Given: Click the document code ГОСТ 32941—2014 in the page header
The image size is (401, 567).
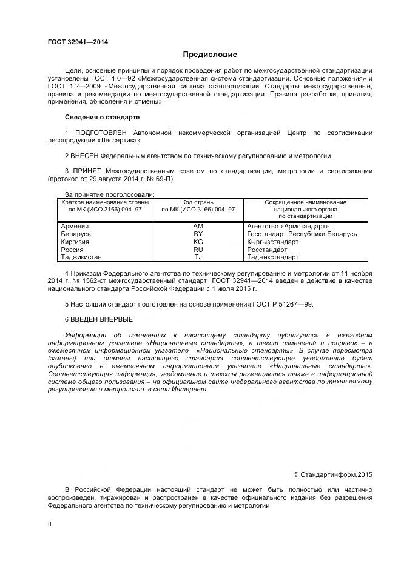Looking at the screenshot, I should (78, 42).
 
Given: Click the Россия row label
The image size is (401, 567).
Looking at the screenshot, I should (72, 250).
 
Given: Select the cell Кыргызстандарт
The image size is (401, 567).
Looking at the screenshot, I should (273, 242).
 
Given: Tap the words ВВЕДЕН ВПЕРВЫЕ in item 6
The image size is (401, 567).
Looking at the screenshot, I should (102, 319).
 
